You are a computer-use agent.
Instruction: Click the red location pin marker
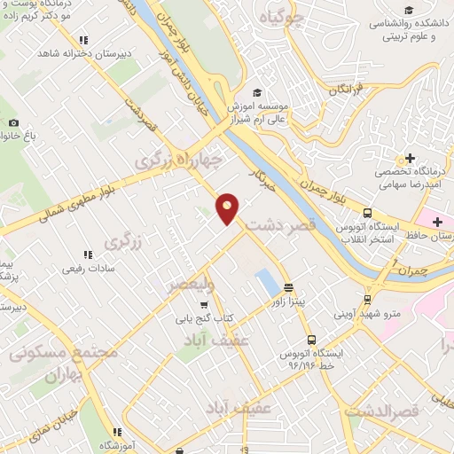[228, 207]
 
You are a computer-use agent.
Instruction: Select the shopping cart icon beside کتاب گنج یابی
[205, 305]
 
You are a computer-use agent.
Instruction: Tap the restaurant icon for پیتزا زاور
[288, 287]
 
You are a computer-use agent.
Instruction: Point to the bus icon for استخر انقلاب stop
[367, 213]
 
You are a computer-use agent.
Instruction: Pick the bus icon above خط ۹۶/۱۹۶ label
[310, 339]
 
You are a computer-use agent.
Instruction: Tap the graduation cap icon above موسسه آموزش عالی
[257, 92]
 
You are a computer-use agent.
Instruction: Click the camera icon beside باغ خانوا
[12, 122]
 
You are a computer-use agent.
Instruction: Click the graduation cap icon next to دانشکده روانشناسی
[441, 8]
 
